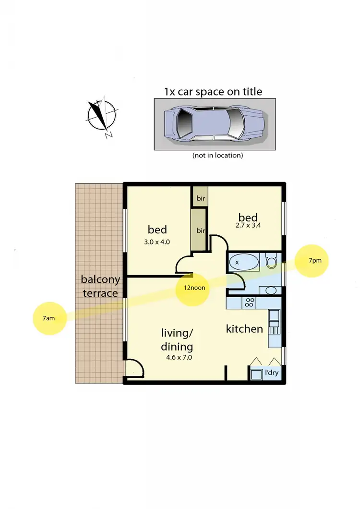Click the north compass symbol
102,115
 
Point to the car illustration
214,124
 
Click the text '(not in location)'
217,155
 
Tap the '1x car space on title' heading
213,91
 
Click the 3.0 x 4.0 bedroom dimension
157,242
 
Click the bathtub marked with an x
243,262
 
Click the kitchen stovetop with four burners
250,303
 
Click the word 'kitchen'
244,329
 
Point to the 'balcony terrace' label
100,286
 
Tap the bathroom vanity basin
271,290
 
